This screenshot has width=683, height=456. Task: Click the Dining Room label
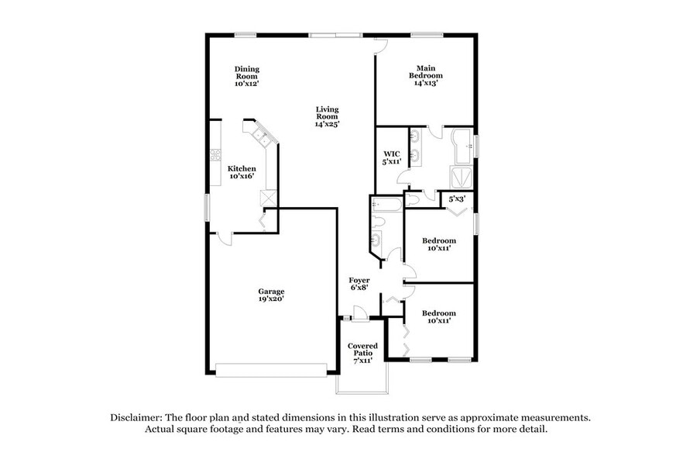(x=246, y=77)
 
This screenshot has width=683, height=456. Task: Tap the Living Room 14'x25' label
(x=327, y=116)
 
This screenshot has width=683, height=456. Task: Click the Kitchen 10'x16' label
(x=242, y=172)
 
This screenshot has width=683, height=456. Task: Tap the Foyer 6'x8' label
(x=359, y=283)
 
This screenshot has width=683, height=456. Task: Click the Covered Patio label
(x=362, y=353)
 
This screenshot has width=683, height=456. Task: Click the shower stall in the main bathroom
(x=463, y=176)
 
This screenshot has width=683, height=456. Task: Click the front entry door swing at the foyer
(x=359, y=311)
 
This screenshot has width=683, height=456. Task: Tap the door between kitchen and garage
(x=221, y=237)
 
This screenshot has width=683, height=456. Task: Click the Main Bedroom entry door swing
(x=379, y=47)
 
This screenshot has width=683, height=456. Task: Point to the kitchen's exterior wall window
(x=207, y=208)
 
